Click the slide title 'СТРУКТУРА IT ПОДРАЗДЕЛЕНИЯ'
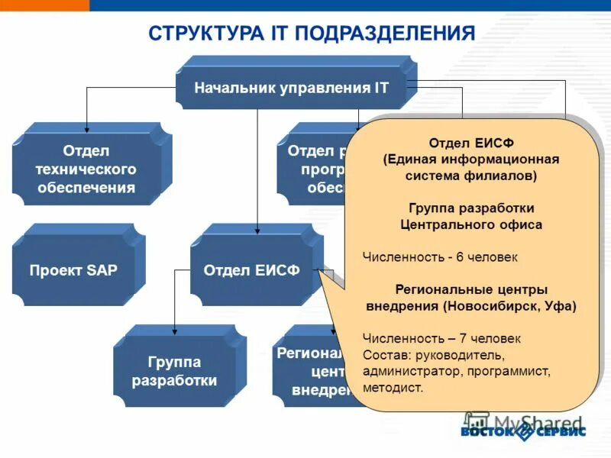pos(312,34)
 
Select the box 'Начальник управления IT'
pos(291,88)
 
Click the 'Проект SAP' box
pos(73,270)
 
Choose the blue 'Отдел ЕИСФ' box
pos(251,270)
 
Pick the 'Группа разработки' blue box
pos(174,371)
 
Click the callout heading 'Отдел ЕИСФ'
pos(470,144)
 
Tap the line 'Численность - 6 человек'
pos(440,257)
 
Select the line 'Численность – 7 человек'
pos(441,338)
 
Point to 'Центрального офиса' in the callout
pos(471,225)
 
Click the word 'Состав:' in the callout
pos(385,355)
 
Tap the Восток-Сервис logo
pos(523,431)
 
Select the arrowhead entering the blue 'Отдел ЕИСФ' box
pos(257,227)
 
